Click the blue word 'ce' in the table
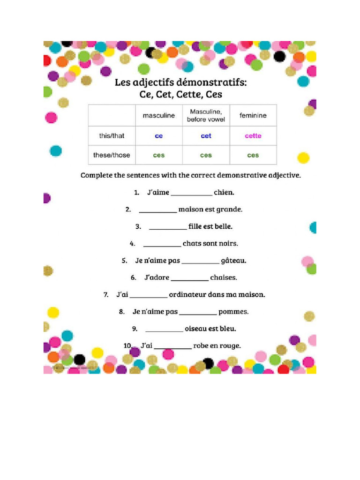coord(159,136)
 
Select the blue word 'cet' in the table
coord(206,136)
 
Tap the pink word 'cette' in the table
coord(253,136)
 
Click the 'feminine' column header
coord(253,115)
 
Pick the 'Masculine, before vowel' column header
coord(206,115)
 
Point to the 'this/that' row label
coord(112,136)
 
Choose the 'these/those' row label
coord(112,155)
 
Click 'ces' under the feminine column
coord(253,155)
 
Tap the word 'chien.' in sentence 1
coord(224,192)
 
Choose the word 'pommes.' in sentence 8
coord(233,311)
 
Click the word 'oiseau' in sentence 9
coord(196,329)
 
